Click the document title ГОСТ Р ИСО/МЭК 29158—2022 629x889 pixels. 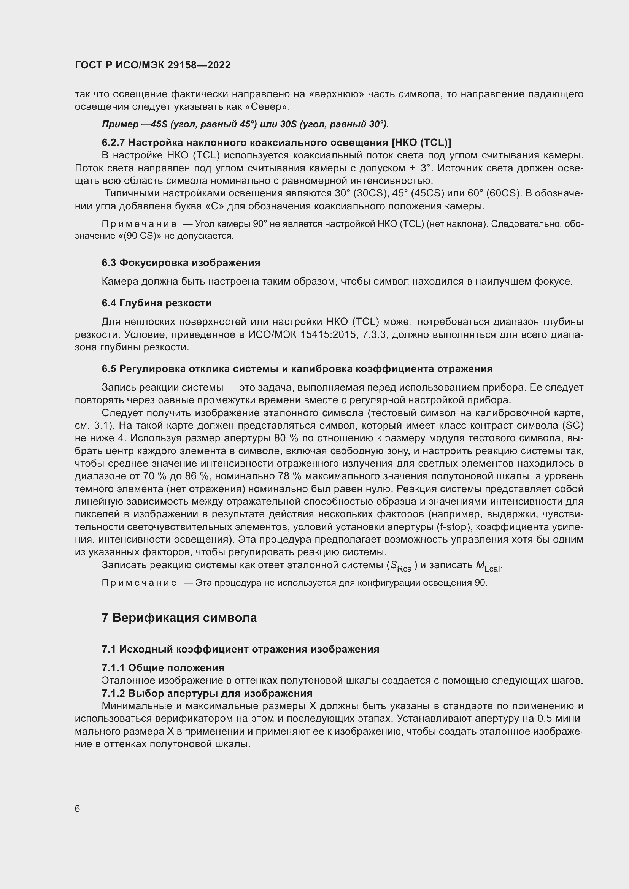click(152, 65)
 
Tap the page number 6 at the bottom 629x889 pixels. click(78, 809)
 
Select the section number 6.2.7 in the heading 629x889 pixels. click(113, 143)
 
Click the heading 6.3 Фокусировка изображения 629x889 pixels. click(181, 263)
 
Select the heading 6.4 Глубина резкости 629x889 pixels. click(156, 303)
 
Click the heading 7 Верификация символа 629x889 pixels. click(179, 618)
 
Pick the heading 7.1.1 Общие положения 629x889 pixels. click(163, 668)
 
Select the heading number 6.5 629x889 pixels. click(109, 369)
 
